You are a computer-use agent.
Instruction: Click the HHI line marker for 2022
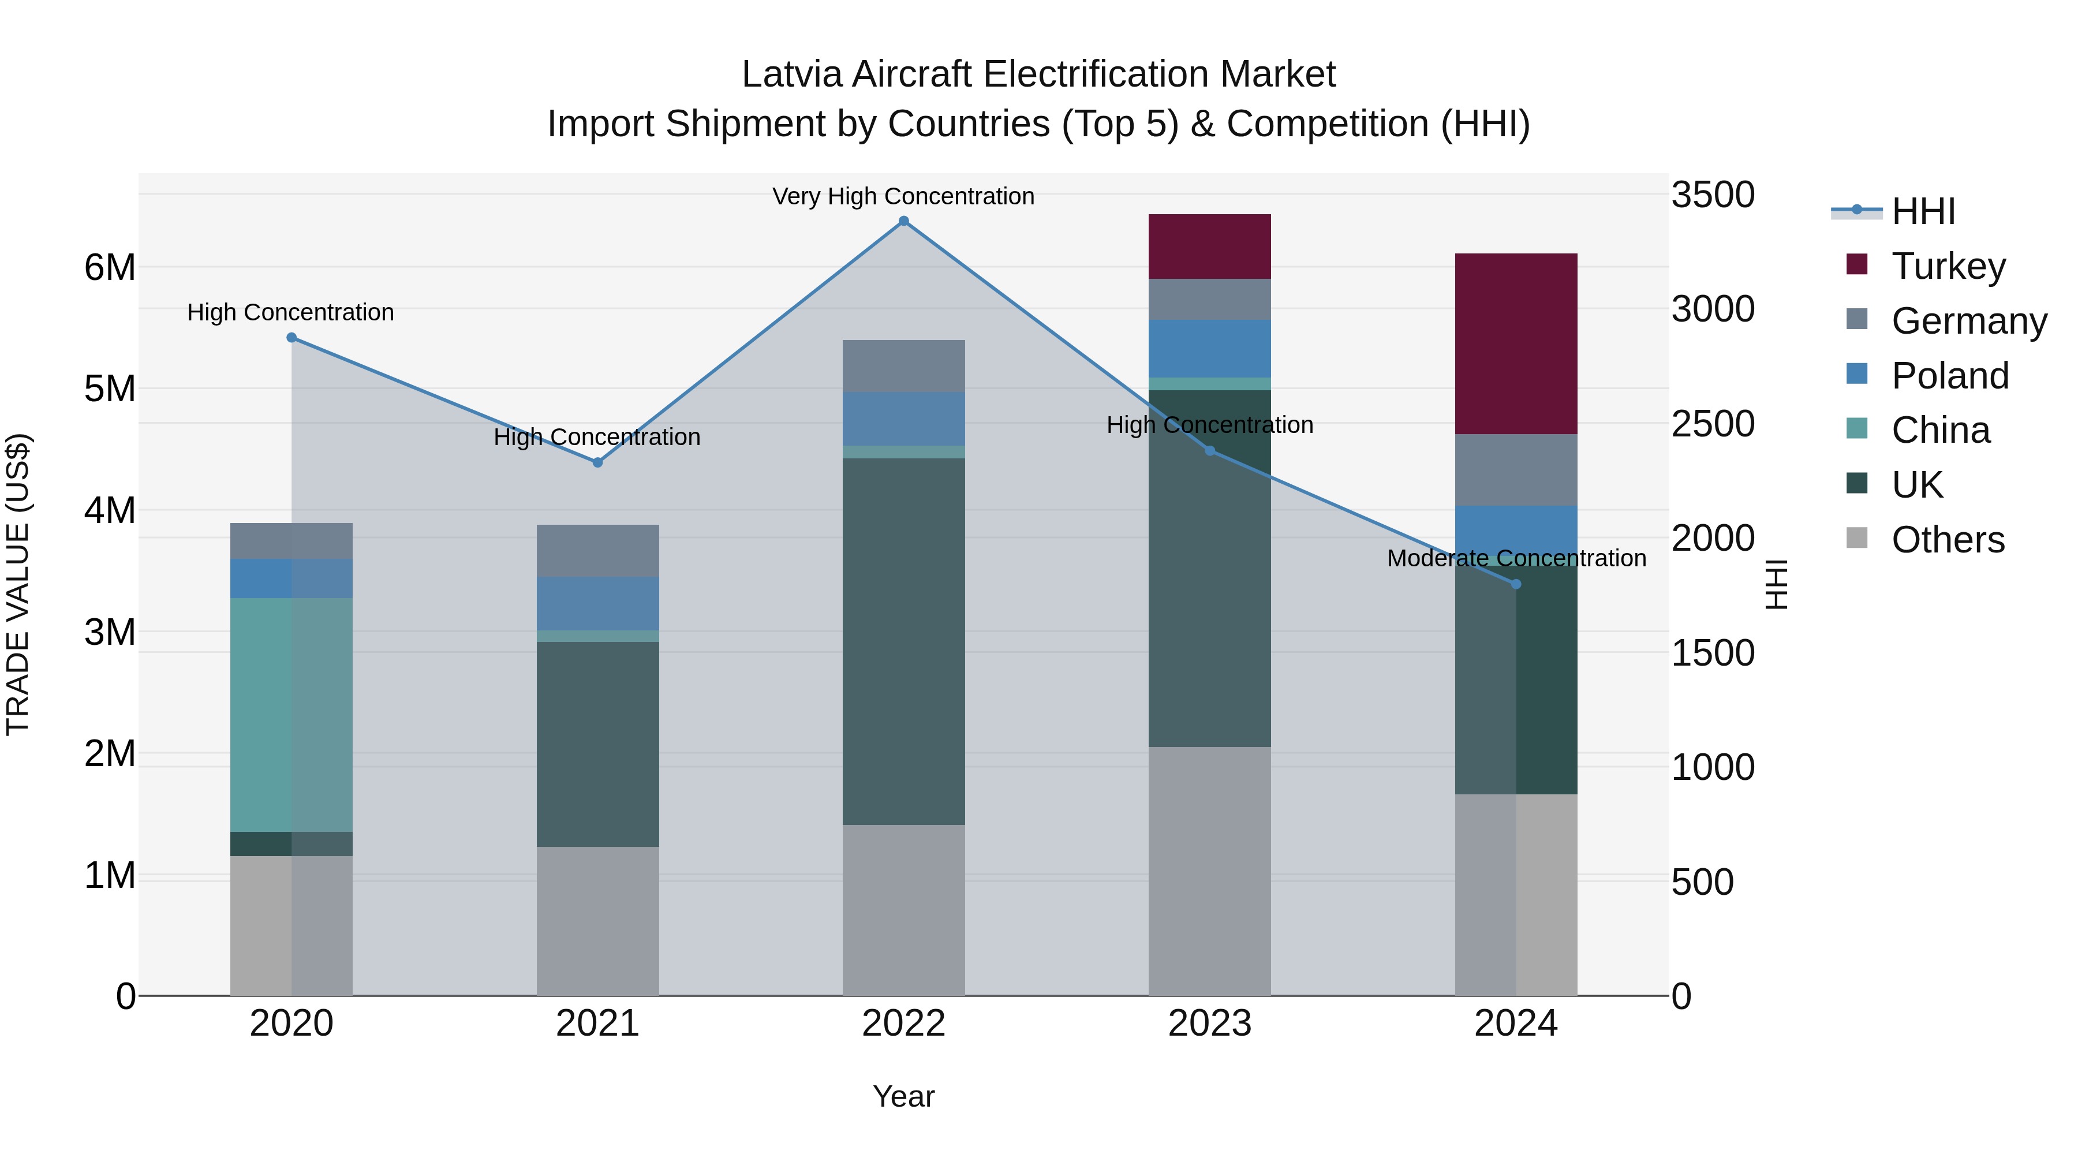coord(903,221)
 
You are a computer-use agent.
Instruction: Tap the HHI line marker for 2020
coord(291,337)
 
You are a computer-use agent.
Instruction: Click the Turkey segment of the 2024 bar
coord(1516,343)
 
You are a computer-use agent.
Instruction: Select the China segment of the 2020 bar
coord(291,714)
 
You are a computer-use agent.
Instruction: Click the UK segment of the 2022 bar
coord(903,641)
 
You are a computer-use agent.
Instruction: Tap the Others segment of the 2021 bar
coord(598,921)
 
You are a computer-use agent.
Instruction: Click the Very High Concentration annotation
coord(903,196)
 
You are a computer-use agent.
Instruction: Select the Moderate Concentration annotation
coord(1516,558)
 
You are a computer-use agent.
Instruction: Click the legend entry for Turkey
coord(1948,266)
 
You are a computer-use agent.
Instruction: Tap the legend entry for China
coord(1940,430)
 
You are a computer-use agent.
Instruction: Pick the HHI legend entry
coord(1922,211)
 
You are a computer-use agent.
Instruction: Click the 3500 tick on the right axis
coord(1712,195)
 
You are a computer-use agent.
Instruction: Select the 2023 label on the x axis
coord(1209,1024)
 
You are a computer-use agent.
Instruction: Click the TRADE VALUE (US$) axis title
coord(18,584)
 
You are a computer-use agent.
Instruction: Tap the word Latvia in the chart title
coord(792,74)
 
